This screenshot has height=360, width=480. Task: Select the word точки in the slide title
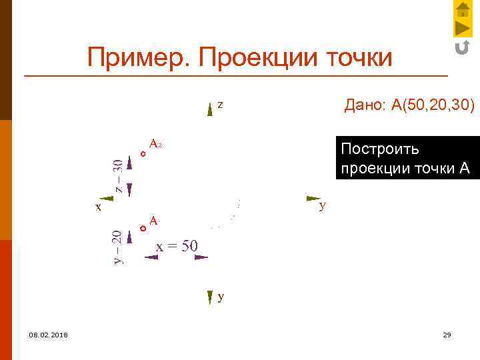(359, 58)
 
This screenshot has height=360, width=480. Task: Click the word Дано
(364, 105)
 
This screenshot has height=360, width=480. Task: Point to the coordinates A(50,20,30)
(433, 105)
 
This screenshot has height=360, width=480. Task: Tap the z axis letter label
(220, 105)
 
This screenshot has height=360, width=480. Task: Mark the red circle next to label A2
(143, 155)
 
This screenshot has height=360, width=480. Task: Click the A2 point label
(156, 144)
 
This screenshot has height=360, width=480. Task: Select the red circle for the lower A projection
(143, 228)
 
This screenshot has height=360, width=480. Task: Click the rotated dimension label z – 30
(118, 175)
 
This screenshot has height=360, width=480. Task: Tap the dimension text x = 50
(177, 246)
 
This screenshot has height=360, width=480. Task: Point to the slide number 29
(447, 334)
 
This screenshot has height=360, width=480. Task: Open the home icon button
(463, 9)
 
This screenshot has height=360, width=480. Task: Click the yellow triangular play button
(463, 28)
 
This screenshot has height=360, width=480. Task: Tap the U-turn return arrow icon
(462, 47)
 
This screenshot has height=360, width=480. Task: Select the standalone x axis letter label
(98, 207)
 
